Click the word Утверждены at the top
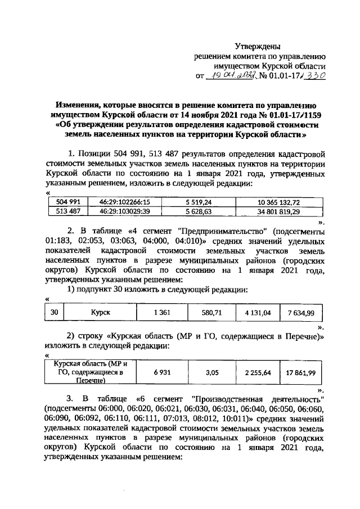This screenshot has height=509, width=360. pos(256,46)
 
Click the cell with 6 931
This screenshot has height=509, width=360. pos(161,372)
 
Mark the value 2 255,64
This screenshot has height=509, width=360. pos(258,372)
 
